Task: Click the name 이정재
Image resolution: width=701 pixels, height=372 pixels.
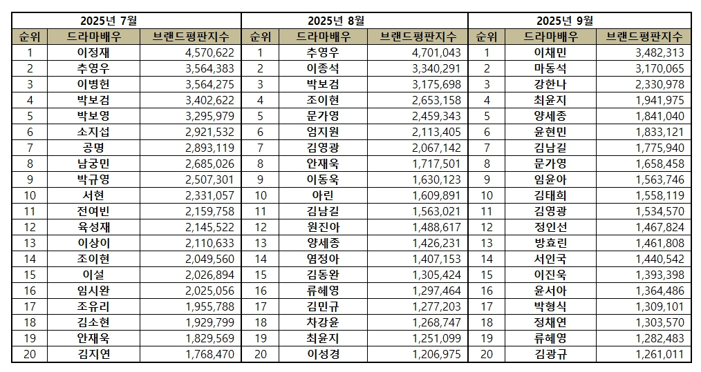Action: point(93,52)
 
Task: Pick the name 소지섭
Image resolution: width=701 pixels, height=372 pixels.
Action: point(93,131)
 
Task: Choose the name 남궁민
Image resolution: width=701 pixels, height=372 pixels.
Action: point(93,163)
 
